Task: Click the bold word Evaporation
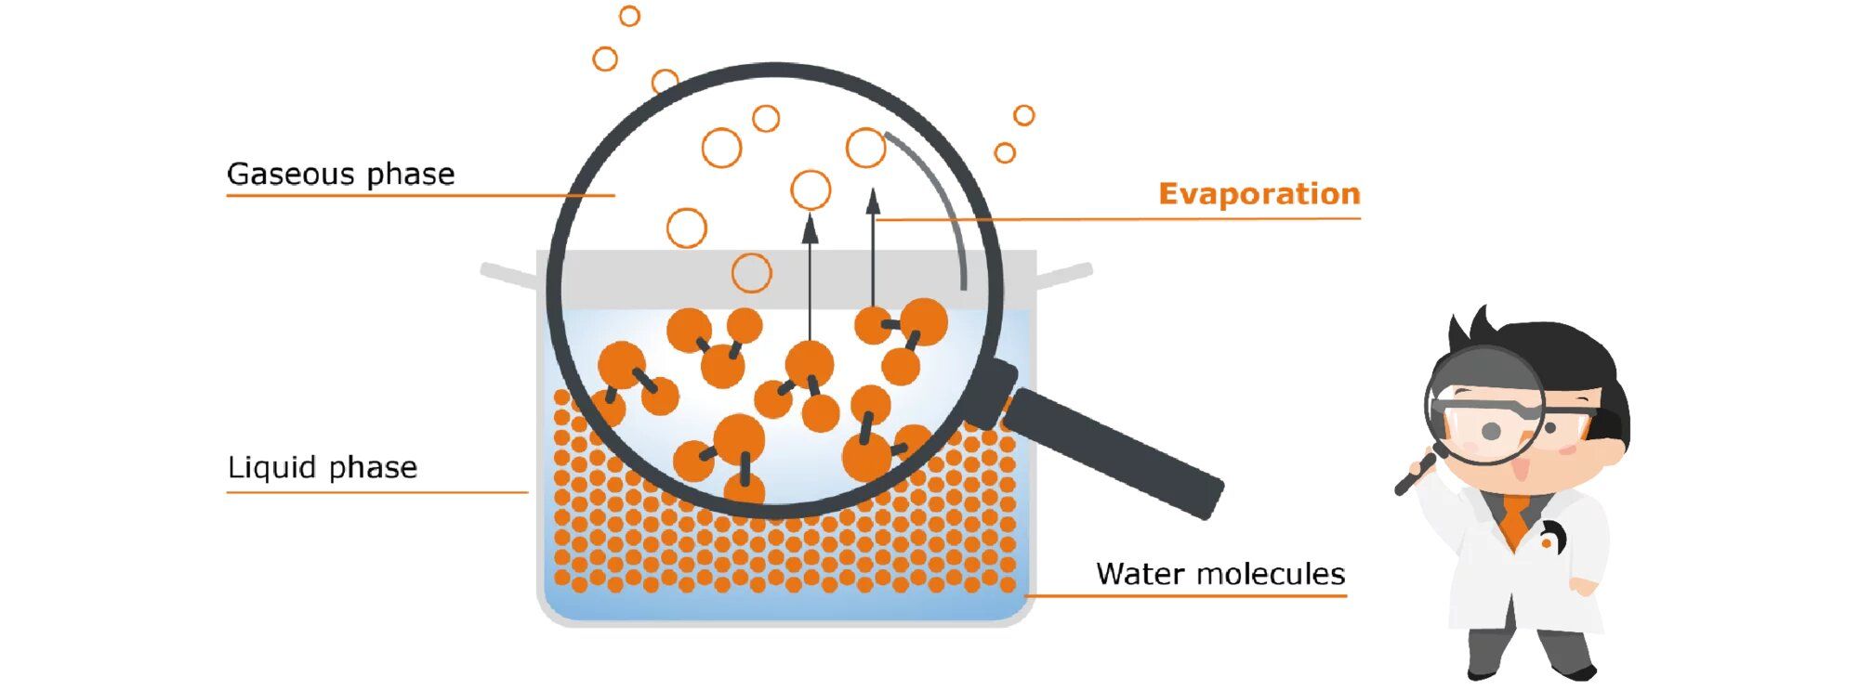coord(1259,194)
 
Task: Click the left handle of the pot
coord(508,274)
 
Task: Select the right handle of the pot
coord(1064,275)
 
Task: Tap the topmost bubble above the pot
coord(629,16)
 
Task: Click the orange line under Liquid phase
coord(376,492)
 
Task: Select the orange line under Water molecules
coord(1185,595)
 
